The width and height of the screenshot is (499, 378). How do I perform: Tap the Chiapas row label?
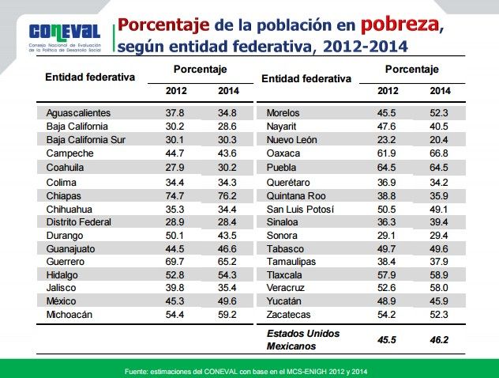tap(64, 195)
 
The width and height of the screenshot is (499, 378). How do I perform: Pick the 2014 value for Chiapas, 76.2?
tap(227, 195)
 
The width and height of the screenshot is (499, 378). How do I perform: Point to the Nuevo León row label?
tap(291, 140)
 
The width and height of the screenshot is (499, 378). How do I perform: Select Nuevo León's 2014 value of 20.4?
tap(440, 140)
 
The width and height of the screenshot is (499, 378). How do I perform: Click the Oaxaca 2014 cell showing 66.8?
tap(440, 153)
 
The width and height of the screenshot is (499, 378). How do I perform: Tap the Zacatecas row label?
tap(291, 314)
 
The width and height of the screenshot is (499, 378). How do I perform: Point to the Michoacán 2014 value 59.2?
tap(227, 314)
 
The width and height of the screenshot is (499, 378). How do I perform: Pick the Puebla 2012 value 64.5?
tap(388, 168)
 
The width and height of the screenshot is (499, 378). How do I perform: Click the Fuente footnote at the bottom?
tap(249, 370)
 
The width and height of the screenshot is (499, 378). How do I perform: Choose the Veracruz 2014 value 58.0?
tap(440, 287)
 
